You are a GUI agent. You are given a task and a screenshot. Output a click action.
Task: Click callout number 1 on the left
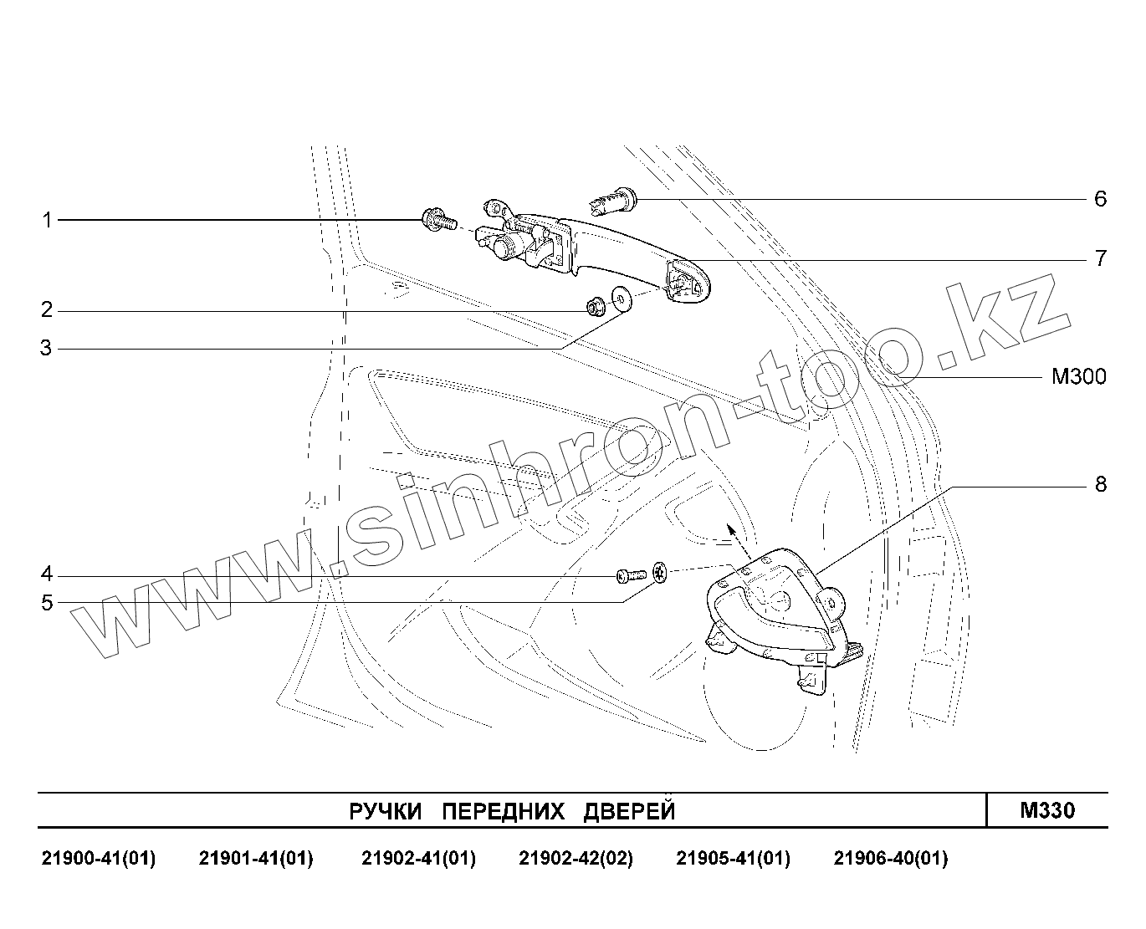click(x=48, y=220)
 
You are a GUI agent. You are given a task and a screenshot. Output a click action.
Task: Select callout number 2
click(x=47, y=310)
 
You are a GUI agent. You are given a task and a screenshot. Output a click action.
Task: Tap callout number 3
click(x=47, y=348)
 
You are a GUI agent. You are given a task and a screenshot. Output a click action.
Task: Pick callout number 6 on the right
click(x=1100, y=199)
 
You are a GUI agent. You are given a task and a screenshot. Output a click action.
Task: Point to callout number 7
click(x=1100, y=258)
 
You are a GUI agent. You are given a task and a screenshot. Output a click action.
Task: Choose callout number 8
click(x=1100, y=484)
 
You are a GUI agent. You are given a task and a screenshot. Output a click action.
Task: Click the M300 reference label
click(x=1078, y=377)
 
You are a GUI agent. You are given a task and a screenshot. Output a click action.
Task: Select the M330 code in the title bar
click(x=1047, y=810)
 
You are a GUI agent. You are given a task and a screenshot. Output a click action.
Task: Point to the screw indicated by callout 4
click(x=628, y=575)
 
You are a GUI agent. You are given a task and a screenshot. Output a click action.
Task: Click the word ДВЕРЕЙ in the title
click(x=628, y=811)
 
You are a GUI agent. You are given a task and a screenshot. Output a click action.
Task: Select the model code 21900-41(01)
click(x=99, y=859)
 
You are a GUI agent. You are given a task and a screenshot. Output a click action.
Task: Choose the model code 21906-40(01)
click(x=891, y=859)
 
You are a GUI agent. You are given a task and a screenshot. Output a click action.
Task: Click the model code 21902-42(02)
click(x=576, y=859)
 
